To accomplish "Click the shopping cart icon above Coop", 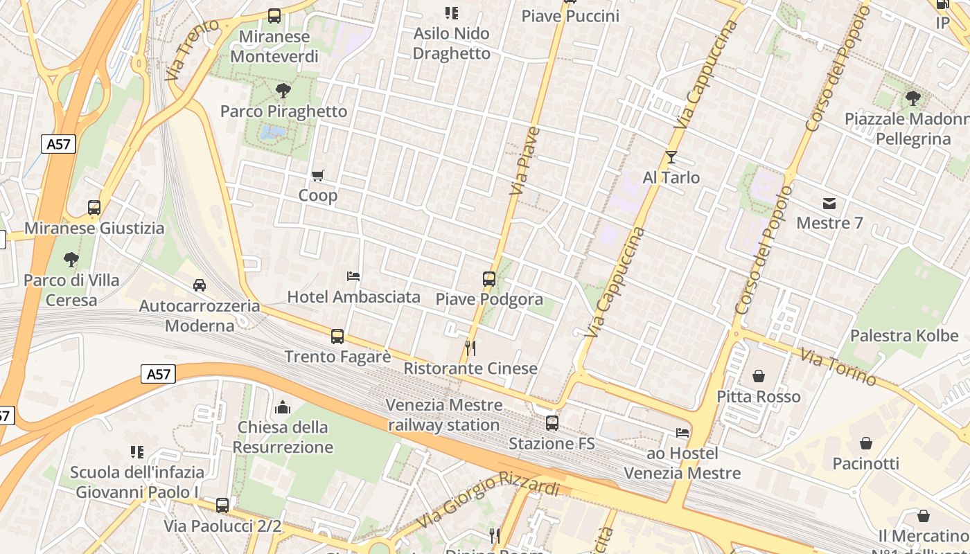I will [318, 176].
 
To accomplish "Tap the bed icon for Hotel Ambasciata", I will [353, 277].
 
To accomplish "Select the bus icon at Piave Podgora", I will [489, 279].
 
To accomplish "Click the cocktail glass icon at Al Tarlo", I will [671, 157].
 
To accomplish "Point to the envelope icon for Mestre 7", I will [829, 204].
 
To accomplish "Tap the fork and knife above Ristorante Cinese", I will [470, 348].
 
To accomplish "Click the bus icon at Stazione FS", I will [552, 422].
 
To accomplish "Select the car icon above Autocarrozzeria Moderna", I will [200, 285].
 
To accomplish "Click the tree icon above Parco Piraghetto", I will [283, 90].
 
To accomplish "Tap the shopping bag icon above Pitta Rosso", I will [759, 376].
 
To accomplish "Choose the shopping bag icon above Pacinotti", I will [866, 443].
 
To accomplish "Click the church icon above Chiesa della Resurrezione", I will [283, 406].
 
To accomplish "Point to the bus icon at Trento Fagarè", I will [337, 337].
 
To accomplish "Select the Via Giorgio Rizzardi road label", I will [488, 503].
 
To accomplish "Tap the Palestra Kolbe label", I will [904, 336].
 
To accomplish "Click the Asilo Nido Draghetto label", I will [451, 43].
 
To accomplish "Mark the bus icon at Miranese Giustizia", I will [94, 208].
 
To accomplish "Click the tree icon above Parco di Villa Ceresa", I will [71, 260].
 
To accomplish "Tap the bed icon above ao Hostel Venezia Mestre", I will [682, 434].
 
